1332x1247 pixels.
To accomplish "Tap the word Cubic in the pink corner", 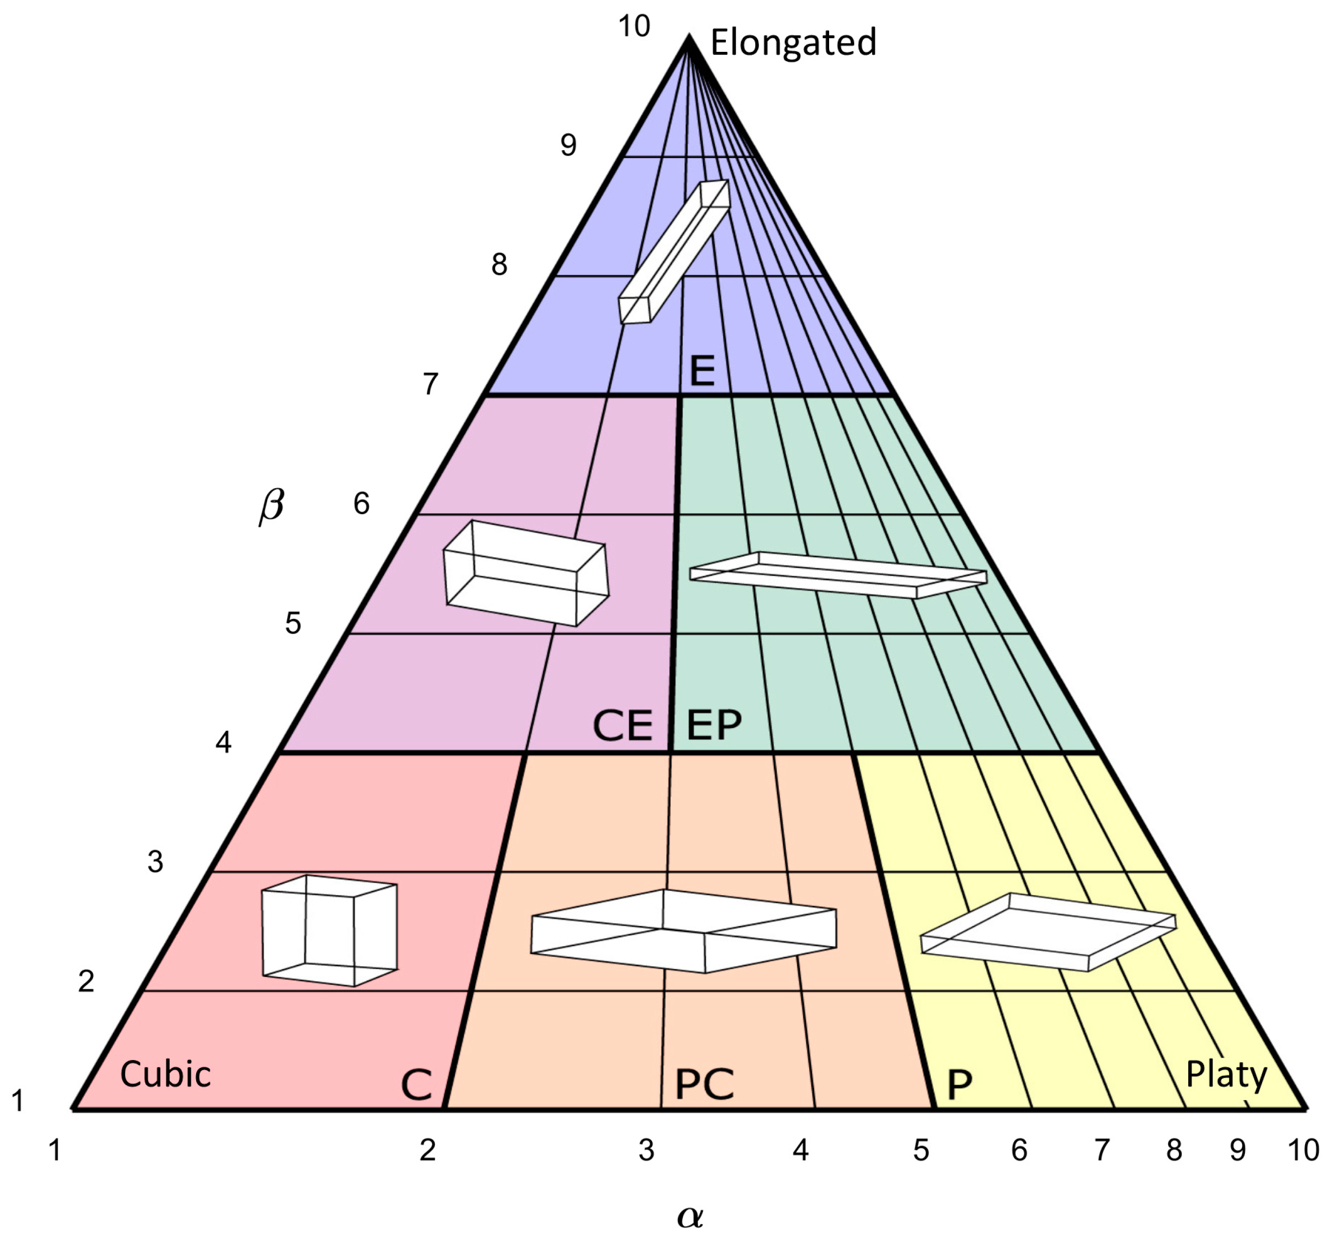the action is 165,1074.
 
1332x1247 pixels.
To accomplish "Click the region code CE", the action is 622,726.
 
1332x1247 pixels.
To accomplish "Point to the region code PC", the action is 704,1084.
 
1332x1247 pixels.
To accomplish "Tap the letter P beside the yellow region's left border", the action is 959,1084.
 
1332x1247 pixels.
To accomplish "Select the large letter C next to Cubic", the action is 416,1084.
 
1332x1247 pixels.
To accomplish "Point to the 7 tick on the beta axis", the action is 430,384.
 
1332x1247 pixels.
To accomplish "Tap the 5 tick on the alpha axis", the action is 921,1151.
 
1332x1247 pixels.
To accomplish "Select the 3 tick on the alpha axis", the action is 646,1151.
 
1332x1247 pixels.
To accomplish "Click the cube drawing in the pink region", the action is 330,930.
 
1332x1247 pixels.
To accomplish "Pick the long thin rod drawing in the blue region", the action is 674,251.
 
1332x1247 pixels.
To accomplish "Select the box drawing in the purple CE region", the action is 526,573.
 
